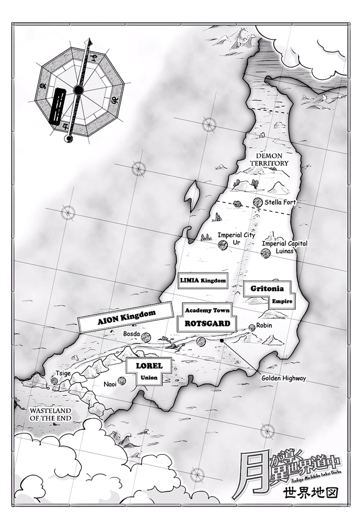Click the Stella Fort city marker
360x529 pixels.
[257, 202]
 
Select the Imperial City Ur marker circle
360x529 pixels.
[222, 243]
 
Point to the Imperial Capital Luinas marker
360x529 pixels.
[266, 253]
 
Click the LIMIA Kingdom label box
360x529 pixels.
[203, 281]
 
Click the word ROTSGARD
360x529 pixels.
[207, 323]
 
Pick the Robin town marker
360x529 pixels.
[252, 327]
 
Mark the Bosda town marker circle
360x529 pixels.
[146, 337]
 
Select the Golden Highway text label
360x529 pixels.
[284, 378]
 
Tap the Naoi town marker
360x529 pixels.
[122, 381]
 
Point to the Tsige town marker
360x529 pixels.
[54, 381]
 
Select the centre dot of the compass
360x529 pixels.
[79, 89]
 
